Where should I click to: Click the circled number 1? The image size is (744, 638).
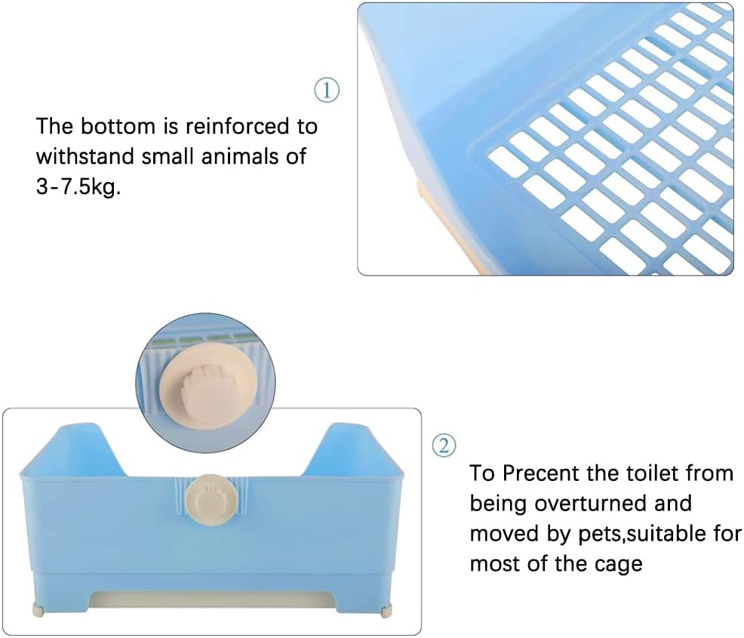tap(327, 90)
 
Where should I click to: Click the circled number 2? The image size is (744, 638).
tap(444, 445)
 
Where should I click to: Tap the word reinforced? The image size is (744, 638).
tap(237, 126)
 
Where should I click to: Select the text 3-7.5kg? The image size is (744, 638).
tap(78, 187)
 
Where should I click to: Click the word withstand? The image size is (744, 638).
tap(85, 156)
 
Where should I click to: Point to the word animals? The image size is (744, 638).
tap(240, 156)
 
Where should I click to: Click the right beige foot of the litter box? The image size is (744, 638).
tap(388, 609)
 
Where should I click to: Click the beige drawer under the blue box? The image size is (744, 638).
tap(214, 600)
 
